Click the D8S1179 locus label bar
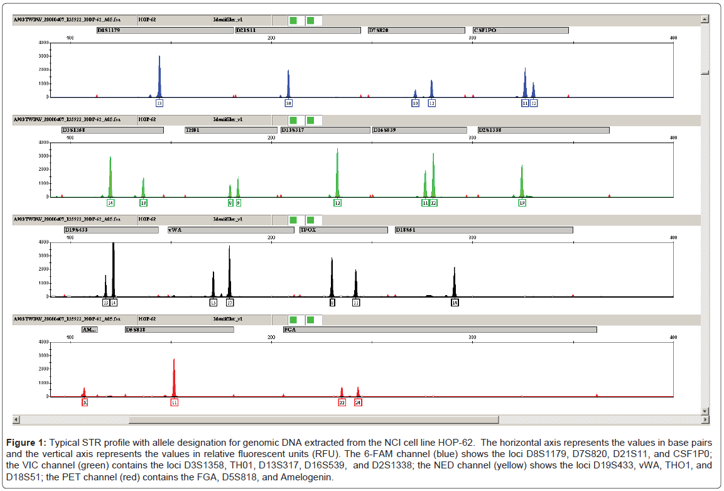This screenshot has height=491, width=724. click(x=165, y=30)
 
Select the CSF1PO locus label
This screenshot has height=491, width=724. click(x=521, y=30)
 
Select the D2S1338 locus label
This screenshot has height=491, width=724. click(x=544, y=130)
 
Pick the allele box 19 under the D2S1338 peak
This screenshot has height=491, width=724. click(x=522, y=203)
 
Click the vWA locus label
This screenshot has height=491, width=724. click(x=230, y=230)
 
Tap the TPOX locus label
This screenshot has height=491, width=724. click(x=343, y=230)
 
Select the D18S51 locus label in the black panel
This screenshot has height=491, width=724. click(x=484, y=230)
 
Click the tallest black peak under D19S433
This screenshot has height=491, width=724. click(x=113, y=270)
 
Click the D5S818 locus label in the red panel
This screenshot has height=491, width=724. click(x=179, y=330)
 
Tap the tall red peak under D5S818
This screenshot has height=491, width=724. click(x=174, y=377)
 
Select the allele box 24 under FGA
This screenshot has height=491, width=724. click(x=358, y=402)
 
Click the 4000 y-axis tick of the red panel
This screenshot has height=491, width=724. click(x=43, y=342)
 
